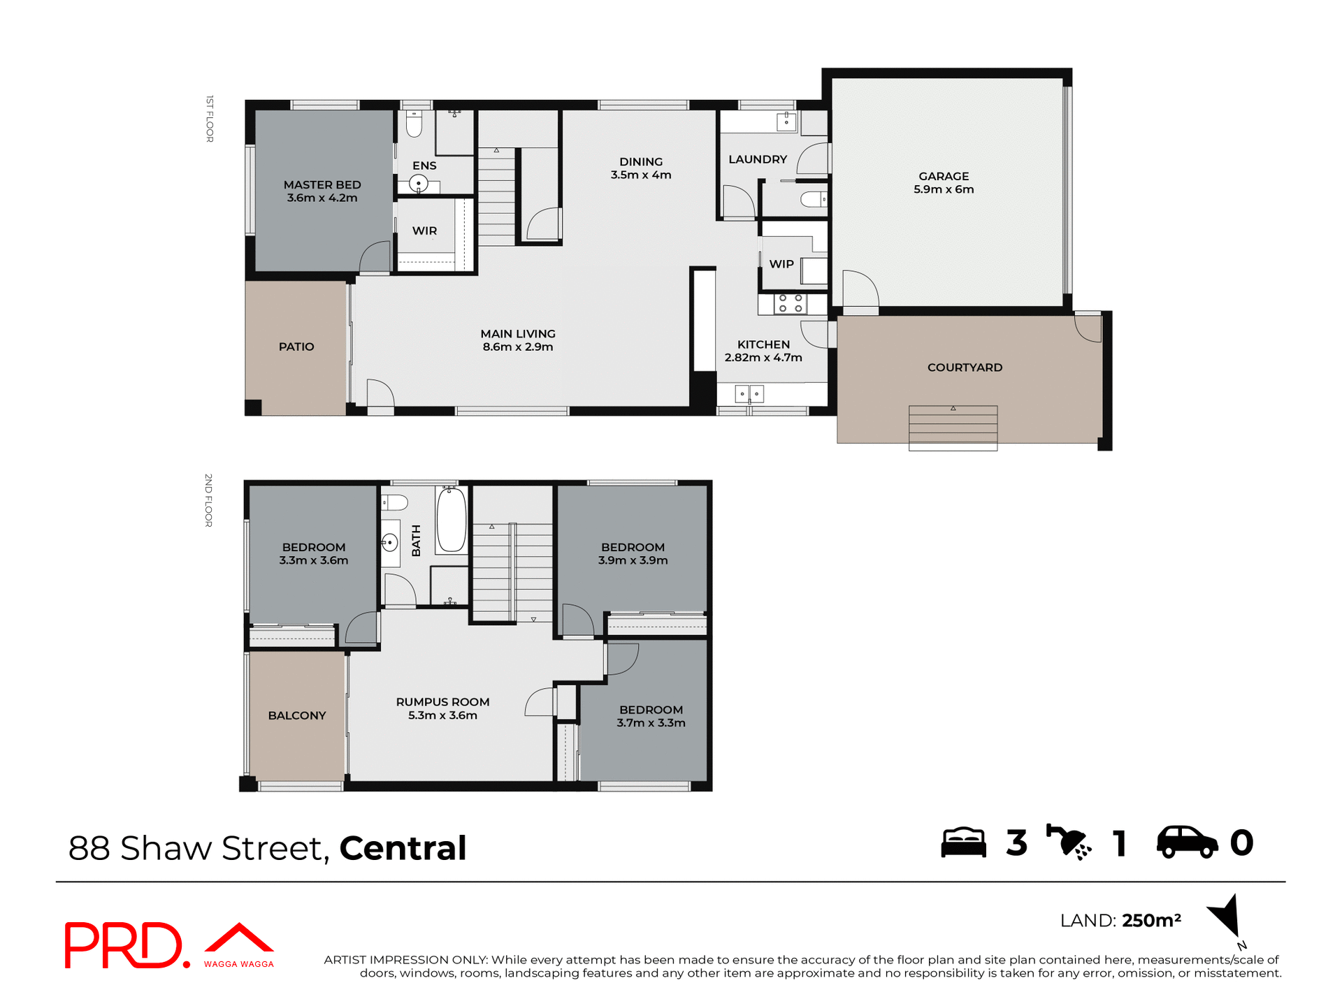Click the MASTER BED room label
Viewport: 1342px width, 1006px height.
(x=322, y=185)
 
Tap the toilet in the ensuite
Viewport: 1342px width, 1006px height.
(x=414, y=125)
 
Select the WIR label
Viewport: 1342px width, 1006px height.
(x=424, y=231)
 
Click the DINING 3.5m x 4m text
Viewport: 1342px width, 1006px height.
(x=641, y=168)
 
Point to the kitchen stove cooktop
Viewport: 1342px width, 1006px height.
(x=790, y=304)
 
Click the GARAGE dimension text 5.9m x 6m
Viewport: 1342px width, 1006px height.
(x=944, y=189)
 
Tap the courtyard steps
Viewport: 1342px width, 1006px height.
(x=953, y=427)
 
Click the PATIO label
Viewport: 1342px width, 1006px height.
(x=296, y=347)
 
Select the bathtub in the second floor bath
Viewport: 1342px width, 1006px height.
(x=452, y=520)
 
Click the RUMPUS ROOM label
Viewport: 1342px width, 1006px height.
(x=442, y=702)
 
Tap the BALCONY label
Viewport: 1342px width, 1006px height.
(x=297, y=715)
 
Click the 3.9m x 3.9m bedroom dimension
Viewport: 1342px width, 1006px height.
(x=633, y=560)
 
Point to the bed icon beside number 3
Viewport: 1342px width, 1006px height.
(x=963, y=843)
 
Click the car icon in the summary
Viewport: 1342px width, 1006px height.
(x=1187, y=843)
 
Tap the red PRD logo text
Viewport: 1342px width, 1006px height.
(x=124, y=945)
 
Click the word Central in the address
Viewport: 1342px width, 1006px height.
(x=403, y=848)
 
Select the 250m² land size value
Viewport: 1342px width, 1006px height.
(x=1151, y=921)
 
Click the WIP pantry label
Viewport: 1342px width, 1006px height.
(x=781, y=264)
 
